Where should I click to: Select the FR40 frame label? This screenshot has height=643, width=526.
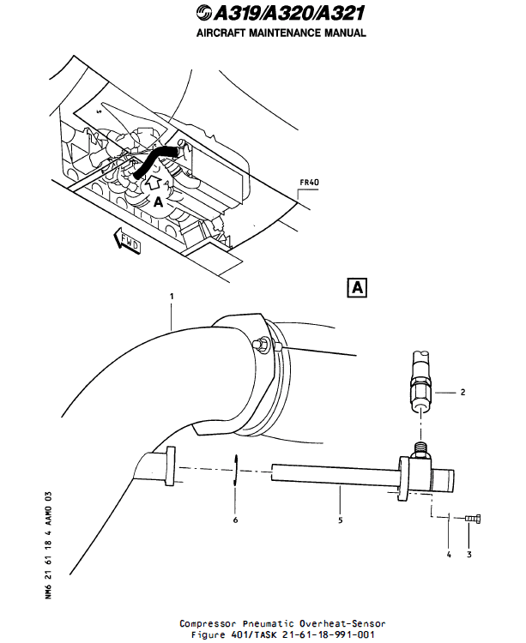(309, 182)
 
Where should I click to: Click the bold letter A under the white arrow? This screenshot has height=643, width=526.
(157, 202)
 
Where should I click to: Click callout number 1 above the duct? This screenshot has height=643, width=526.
(172, 296)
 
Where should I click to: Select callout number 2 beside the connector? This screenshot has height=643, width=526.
(463, 392)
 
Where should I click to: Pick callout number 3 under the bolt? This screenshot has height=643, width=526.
(469, 554)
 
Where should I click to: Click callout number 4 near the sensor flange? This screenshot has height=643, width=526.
(448, 554)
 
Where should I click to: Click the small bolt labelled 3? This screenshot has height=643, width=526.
(472, 518)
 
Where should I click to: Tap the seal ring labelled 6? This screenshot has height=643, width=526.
(236, 471)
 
